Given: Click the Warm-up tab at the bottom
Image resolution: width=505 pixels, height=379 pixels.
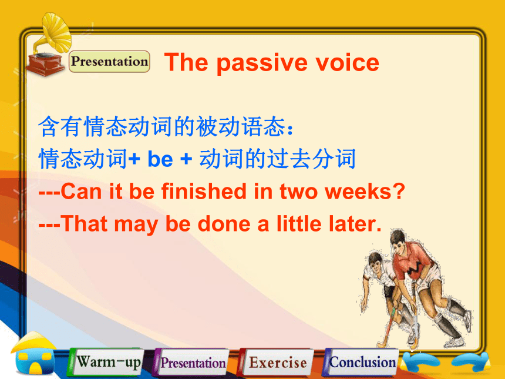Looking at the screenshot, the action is pyautogui.click(x=106, y=362).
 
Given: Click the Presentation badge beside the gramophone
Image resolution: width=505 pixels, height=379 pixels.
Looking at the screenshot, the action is pyautogui.click(x=109, y=61).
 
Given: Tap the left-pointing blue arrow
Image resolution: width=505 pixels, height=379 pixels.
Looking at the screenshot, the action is pyautogui.click(x=421, y=361).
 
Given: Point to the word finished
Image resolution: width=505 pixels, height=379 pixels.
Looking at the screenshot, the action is pyautogui.click(x=204, y=191).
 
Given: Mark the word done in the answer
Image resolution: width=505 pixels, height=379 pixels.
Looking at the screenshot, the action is pyautogui.click(x=224, y=224).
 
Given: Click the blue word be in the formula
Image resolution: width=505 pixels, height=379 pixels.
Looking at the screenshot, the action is pyautogui.click(x=160, y=159).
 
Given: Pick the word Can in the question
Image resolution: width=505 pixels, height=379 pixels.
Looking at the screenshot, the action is pyautogui.click(x=81, y=192).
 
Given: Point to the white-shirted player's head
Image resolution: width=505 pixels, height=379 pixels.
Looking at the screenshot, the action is pyautogui.click(x=375, y=261).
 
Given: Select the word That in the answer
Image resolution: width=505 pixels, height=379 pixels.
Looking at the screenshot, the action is pyautogui.click(x=84, y=224).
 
